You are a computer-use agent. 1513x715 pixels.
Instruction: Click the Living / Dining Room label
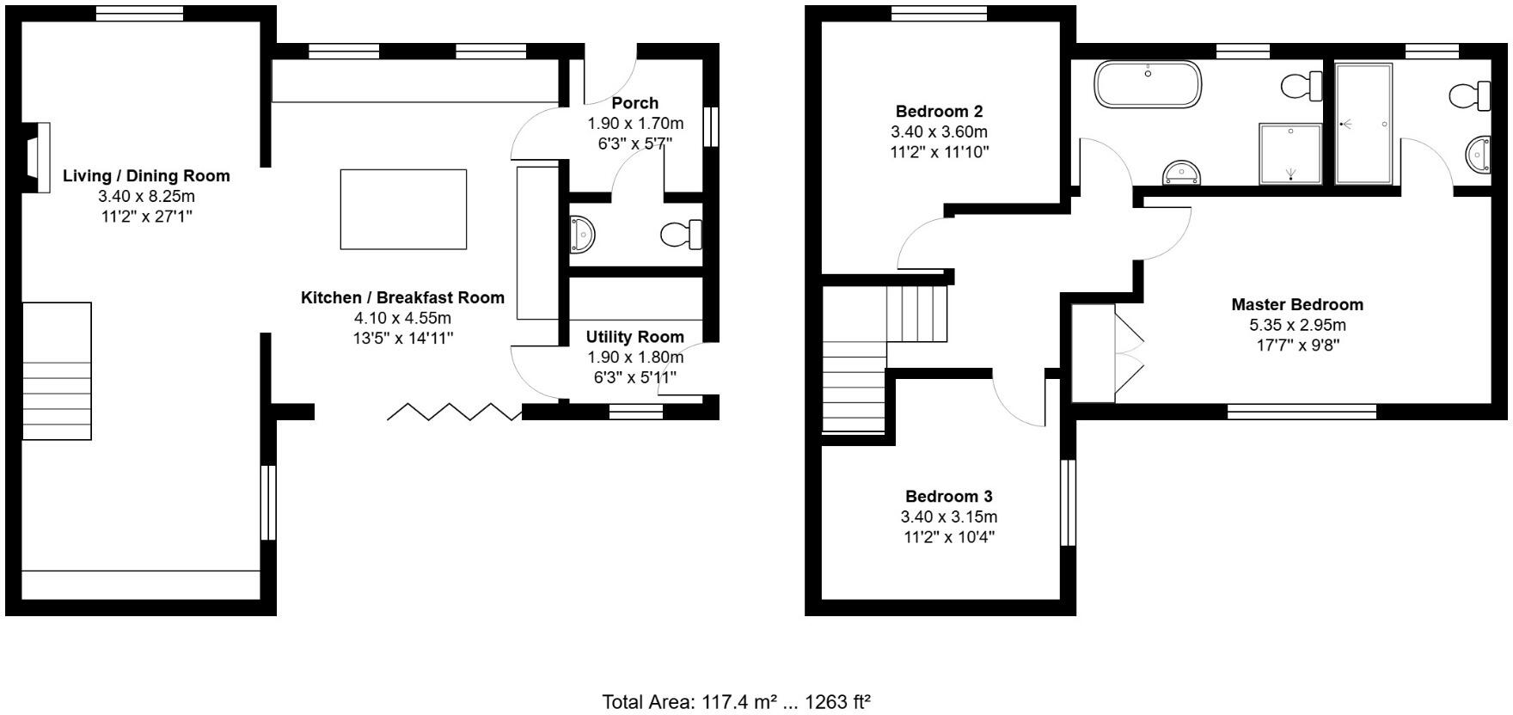[x=146, y=175]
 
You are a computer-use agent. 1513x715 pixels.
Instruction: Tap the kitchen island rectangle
[x=403, y=209]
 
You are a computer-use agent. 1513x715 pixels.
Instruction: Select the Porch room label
[x=634, y=103]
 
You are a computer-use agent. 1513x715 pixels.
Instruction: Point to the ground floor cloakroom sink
[x=582, y=234]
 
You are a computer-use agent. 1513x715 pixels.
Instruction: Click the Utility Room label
[x=634, y=337]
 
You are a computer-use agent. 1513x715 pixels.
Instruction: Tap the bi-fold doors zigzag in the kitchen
[x=454, y=412]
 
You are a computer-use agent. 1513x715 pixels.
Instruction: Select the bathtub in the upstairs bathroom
[x=1147, y=84]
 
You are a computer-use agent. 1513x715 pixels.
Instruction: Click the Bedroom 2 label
[x=939, y=111]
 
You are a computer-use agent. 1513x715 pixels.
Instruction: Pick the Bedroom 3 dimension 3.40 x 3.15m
[x=948, y=516]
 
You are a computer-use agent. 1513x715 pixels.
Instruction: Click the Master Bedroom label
[x=1296, y=304]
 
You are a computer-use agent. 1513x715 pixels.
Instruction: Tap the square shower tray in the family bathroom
[x=1289, y=153]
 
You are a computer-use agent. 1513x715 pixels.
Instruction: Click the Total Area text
[x=736, y=701]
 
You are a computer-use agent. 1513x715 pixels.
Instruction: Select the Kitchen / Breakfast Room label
[x=402, y=297]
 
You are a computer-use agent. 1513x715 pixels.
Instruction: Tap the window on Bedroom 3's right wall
[x=1068, y=503]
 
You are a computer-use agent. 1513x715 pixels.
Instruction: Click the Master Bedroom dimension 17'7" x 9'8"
[x=1296, y=345]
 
